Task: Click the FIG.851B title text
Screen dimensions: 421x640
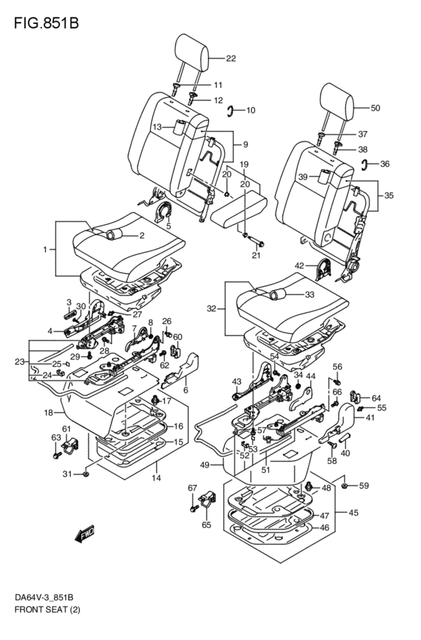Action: [46, 23]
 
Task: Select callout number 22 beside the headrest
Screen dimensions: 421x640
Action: [231, 59]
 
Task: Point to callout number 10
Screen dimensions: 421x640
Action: [250, 111]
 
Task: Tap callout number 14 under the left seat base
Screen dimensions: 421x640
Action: [156, 478]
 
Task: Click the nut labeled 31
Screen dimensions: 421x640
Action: [86, 474]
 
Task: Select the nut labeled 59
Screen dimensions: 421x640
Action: [344, 486]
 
